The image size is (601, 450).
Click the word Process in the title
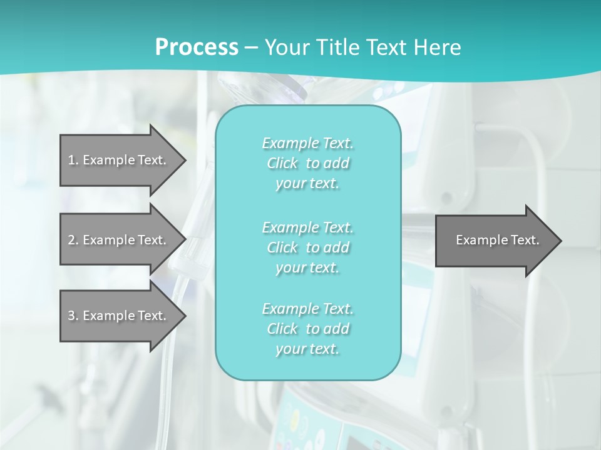(x=197, y=47)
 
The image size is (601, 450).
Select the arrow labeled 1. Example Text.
(x=119, y=160)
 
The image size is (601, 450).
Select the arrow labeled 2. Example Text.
(x=119, y=240)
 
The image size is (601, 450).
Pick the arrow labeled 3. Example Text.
(x=119, y=316)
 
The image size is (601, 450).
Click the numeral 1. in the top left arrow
(x=73, y=160)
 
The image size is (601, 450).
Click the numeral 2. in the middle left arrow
(x=73, y=240)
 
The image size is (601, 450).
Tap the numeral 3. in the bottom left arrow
(x=73, y=316)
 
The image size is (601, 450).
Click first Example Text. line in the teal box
(x=308, y=143)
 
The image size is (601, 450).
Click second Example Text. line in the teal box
(x=308, y=227)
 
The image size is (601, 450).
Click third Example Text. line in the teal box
(x=308, y=309)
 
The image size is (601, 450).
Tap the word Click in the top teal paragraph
(x=282, y=163)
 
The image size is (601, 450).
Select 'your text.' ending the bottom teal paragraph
(x=307, y=349)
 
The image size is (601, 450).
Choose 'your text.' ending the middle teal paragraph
(x=307, y=267)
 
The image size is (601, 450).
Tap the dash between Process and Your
(x=252, y=47)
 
